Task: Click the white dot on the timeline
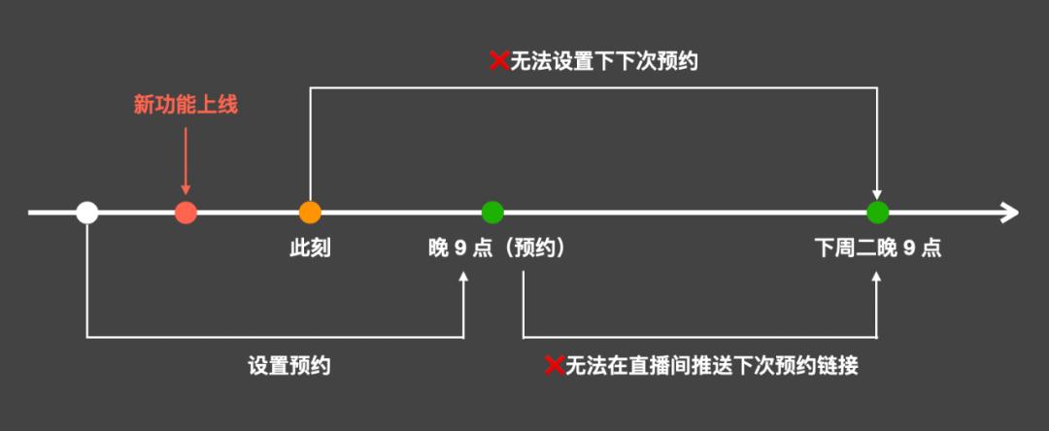tap(87, 213)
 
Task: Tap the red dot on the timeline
tap(186, 213)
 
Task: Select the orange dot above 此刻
tap(310, 213)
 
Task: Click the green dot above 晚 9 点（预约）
tap(492, 213)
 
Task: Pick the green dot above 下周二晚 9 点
tap(878, 213)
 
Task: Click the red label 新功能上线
tap(186, 106)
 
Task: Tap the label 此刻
tap(310, 249)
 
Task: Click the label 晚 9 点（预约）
tap(496, 249)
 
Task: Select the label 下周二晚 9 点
tap(878, 249)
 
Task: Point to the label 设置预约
tap(289, 366)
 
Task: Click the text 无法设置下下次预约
tap(605, 62)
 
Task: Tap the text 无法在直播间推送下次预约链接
tap(712, 366)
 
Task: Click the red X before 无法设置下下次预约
tap(499, 62)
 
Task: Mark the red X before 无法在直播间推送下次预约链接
tap(555, 366)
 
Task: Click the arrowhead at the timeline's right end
tap(1010, 213)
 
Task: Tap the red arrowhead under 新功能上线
tap(186, 189)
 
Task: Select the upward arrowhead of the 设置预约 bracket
tap(463, 278)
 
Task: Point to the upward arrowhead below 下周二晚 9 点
tap(878, 278)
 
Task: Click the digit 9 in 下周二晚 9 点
tap(909, 249)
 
